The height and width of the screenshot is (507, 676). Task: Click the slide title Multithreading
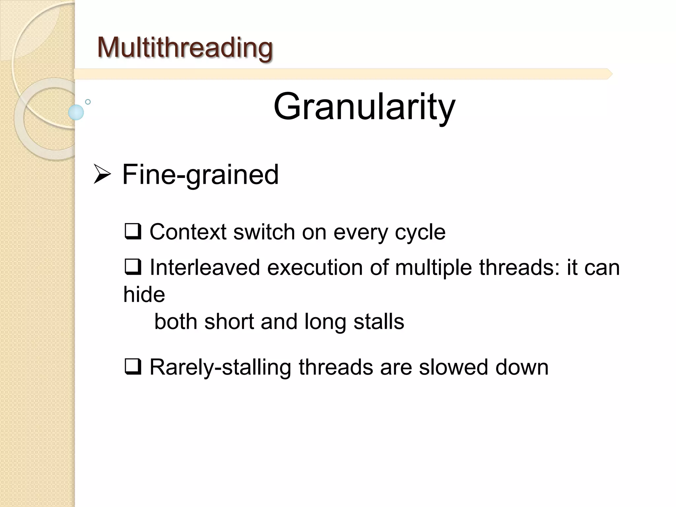coord(185,48)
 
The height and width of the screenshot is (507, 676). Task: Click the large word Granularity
coord(364,107)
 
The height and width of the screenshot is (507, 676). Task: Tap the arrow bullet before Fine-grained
coord(102,174)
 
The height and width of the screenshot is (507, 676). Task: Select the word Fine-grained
coord(200,175)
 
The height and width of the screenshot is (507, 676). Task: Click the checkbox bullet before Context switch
coord(133,231)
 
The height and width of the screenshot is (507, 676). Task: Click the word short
coord(229,321)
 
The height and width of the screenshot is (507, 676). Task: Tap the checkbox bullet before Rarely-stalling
coord(133,367)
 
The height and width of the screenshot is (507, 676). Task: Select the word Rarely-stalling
coord(220,367)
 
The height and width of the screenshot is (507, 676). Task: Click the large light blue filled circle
coord(76,112)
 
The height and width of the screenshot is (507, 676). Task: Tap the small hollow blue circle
coord(88,102)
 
